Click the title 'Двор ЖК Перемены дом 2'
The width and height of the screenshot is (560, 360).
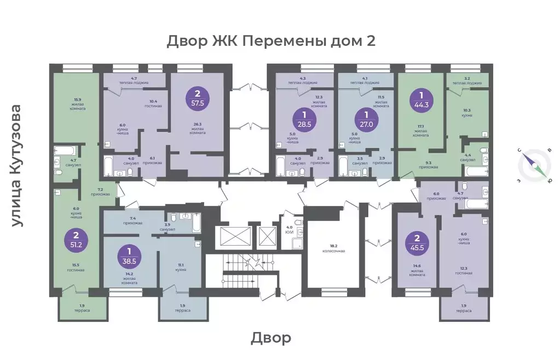[271, 42]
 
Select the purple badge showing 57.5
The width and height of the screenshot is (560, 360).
[195, 97]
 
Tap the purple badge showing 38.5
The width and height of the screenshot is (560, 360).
[130, 256]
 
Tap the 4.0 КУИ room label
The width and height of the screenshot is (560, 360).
[290, 230]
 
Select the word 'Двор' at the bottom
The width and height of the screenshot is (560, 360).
[271, 338]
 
